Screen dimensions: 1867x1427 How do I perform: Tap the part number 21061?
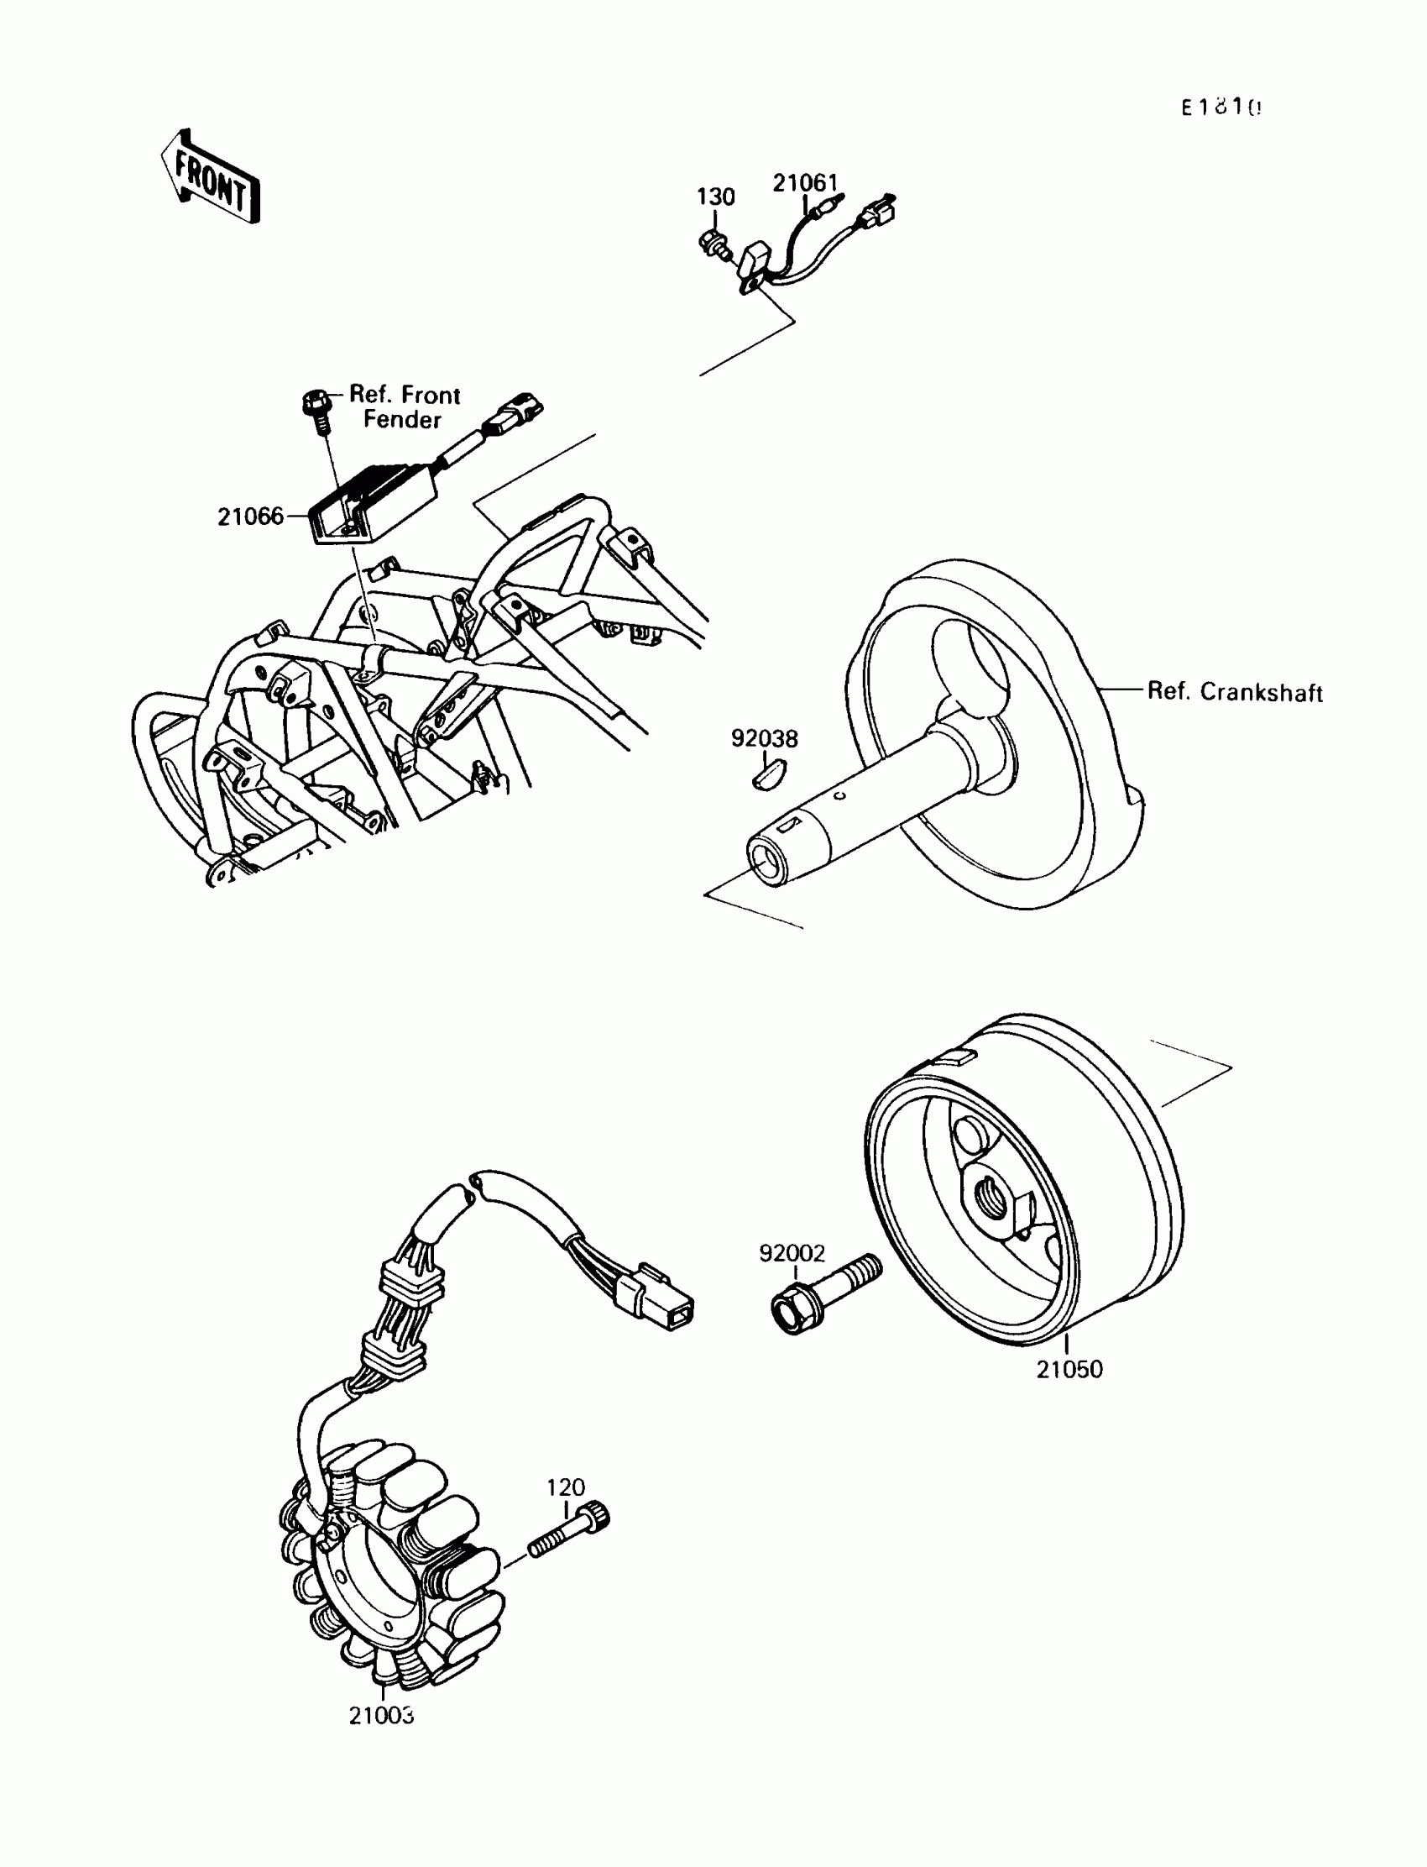pyautogui.click(x=804, y=183)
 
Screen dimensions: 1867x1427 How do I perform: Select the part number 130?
pyautogui.click(x=715, y=197)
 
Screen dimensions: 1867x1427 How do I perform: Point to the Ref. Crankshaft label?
pyautogui.click(x=1234, y=692)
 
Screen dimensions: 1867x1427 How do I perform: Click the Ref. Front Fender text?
pyautogui.click(x=405, y=407)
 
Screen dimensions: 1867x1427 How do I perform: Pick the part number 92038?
pyautogui.click(x=765, y=738)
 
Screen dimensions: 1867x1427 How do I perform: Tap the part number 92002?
pyautogui.click(x=792, y=1252)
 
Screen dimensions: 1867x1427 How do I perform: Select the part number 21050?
pyautogui.click(x=1069, y=1369)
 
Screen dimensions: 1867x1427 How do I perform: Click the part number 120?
pyautogui.click(x=566, y=1487)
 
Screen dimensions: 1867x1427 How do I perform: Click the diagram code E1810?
pyautogui.click(x=1221, y=107)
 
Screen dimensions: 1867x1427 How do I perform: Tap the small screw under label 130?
pyautogui.click(x=713, y=244)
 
